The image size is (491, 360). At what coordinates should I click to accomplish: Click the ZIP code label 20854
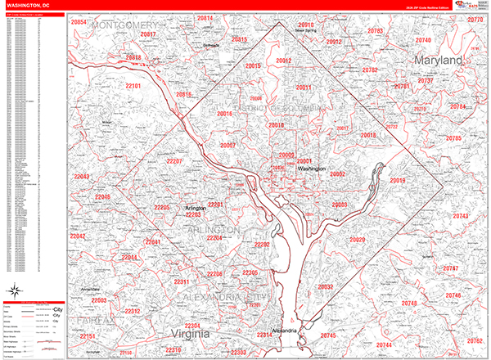(79, 22)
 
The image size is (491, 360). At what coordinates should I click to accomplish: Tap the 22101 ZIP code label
(133, 86)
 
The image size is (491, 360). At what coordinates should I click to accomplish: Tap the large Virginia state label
(191, 334)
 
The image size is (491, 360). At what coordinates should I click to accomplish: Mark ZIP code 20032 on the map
(326, 287)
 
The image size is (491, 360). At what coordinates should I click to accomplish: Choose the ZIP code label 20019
(398, 180)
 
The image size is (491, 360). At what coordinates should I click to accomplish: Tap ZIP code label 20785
(453, 138)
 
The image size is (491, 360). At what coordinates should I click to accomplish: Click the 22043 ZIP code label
(82, 177)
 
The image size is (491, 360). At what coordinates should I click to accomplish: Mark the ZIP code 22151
(88, 335)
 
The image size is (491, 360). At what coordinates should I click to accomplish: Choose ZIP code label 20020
(357, 240)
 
